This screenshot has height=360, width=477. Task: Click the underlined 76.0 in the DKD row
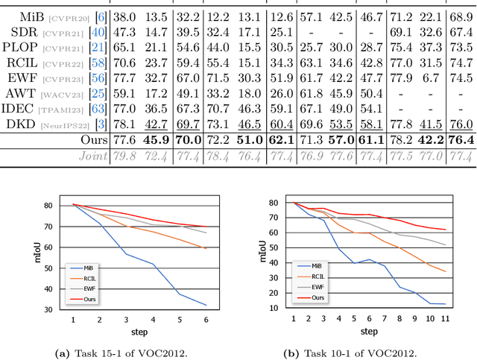(461, 124)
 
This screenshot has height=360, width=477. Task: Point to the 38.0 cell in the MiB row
(123, 15)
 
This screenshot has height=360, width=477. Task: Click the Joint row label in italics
(91, 157)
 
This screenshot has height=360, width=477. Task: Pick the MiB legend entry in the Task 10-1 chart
(314, 265)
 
